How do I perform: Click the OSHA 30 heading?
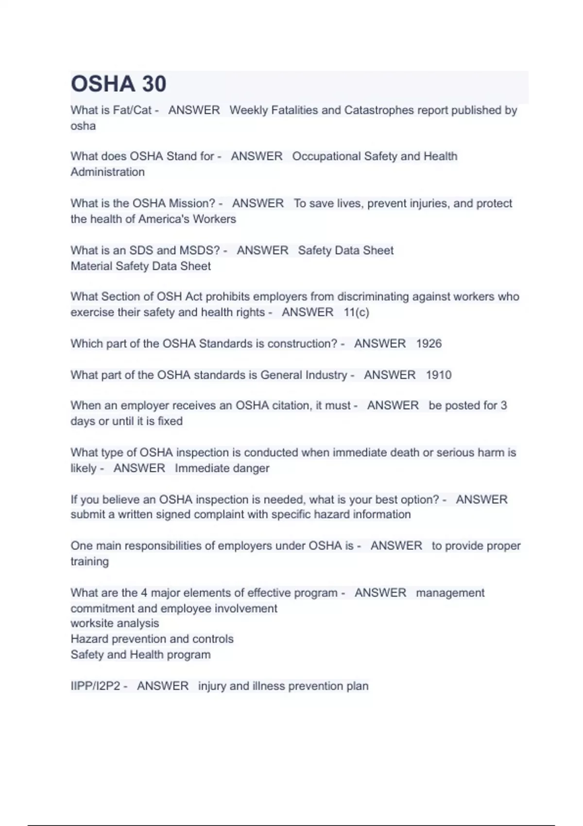(119, 84)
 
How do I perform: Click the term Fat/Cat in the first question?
(132, 110)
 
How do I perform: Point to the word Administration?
(107, 172)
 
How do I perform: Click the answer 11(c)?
(356, 312)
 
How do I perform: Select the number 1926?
(429, 344)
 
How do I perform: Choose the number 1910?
(439, 375)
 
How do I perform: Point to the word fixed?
(170, 421)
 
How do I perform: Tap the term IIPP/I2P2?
(95, 686)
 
